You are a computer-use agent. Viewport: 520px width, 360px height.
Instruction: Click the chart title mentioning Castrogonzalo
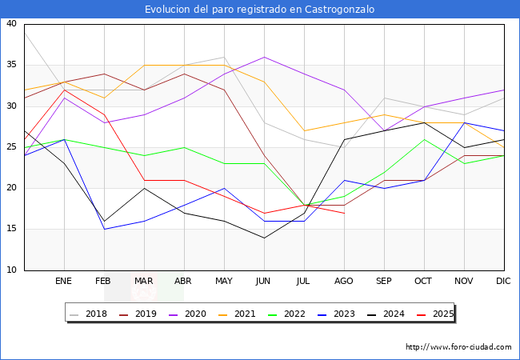coord(259,10)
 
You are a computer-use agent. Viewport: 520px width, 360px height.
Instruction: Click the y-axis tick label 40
coord(11,24)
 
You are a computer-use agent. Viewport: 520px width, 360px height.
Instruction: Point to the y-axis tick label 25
coord(11,147)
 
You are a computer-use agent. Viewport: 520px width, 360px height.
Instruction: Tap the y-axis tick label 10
coord(11,270)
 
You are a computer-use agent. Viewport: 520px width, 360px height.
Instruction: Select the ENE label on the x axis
coord(64,282)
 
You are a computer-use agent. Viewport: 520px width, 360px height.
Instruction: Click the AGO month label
coord(344,282)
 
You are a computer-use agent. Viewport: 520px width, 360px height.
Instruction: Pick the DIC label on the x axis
coord(504,282)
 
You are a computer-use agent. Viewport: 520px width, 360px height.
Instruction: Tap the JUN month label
coord(264,282)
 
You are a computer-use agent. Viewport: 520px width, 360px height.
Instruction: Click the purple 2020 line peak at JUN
coord(264,57)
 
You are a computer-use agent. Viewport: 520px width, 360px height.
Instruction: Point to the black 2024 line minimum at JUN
coord(264,238)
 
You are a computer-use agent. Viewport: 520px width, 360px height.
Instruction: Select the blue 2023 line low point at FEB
coord(104,229)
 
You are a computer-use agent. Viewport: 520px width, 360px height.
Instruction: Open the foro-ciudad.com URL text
coord(458,347)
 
